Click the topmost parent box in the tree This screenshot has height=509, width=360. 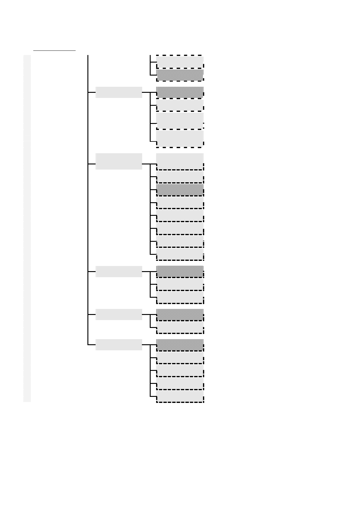coord(119,92)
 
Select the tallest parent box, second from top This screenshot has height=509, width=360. coord(119,161)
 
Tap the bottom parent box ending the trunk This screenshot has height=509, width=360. coord(119,345)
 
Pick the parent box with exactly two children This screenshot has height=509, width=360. coord(119,314)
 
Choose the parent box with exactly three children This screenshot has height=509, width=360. coord(119,271)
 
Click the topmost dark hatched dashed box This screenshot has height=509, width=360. coord(180,75)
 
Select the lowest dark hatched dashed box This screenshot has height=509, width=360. coord(180,345)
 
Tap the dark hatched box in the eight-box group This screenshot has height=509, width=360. coord(180,190)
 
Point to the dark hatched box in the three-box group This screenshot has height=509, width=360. coord(180,271)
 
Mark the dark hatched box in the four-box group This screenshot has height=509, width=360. coord(180,92)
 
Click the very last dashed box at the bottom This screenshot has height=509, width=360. coord(180,397)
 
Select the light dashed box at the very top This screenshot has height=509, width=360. coord(180,62)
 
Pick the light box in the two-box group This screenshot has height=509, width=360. coord(180,327)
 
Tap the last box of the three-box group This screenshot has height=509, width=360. coord(180,297)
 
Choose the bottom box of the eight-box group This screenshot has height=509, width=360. coord(180,254)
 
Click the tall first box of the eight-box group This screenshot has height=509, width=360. coord(180,161)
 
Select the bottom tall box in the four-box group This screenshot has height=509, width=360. coord(180,138)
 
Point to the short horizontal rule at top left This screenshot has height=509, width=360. coord(54,50)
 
